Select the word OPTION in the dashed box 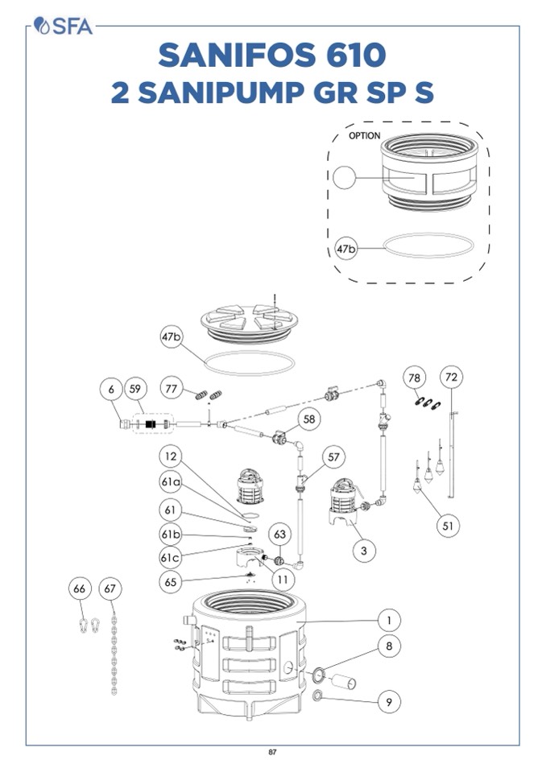click(x=364, y=136)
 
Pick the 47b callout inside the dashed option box click(x=347, y=250)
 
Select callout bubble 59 click(x=136, y=388)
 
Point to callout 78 click(x=415, y=378)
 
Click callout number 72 click(x=452, y=378)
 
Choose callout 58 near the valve click(x=309, y=419)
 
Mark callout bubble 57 click(x=333, y=456)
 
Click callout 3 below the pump click(x=364, y=551)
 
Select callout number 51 click(x=449, y=526)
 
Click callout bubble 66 click(x=79, y=589)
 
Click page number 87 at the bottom click(x=273, y=753)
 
